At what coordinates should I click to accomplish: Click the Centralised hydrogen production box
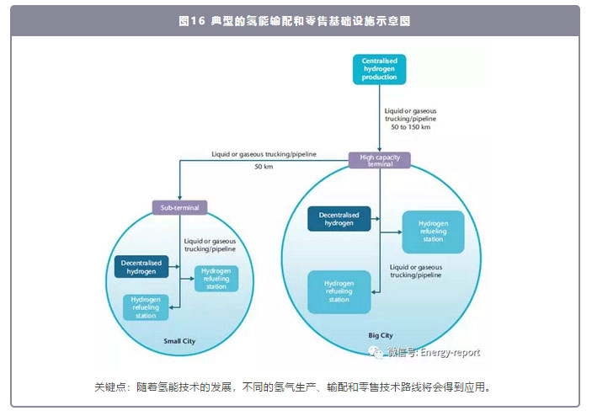pos(379,69)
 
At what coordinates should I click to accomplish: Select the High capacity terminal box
pos(380,160)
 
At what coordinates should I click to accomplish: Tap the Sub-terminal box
pos(179,207)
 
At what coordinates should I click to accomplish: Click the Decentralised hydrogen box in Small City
pos(140,266)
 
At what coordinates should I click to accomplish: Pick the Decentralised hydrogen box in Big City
pos(339,219)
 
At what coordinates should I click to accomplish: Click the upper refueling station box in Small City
pos(216,278)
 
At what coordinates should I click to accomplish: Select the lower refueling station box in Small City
pos(146,307)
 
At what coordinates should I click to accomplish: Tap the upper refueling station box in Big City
pos(433,231)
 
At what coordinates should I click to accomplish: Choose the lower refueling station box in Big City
pos(339,291)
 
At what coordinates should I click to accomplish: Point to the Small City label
pos(179,341)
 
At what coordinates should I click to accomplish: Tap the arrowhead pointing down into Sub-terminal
pos(179,198)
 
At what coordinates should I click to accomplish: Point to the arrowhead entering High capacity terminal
pos(380,149)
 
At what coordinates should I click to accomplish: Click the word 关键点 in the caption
pos(110,387)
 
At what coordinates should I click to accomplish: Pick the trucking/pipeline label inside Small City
pos(211,245)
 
